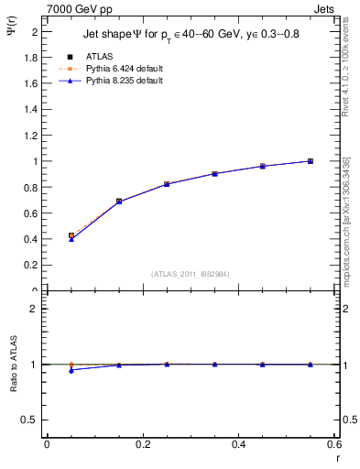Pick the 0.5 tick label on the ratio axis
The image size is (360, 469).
(30, 420)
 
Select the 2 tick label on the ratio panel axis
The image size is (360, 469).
(35, 309)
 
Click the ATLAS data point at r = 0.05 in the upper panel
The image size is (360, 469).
(71, 235)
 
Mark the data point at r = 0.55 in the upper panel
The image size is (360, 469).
(311, 161)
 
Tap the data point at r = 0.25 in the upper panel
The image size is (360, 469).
(167, 184)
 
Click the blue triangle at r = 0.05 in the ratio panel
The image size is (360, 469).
(71, 370)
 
